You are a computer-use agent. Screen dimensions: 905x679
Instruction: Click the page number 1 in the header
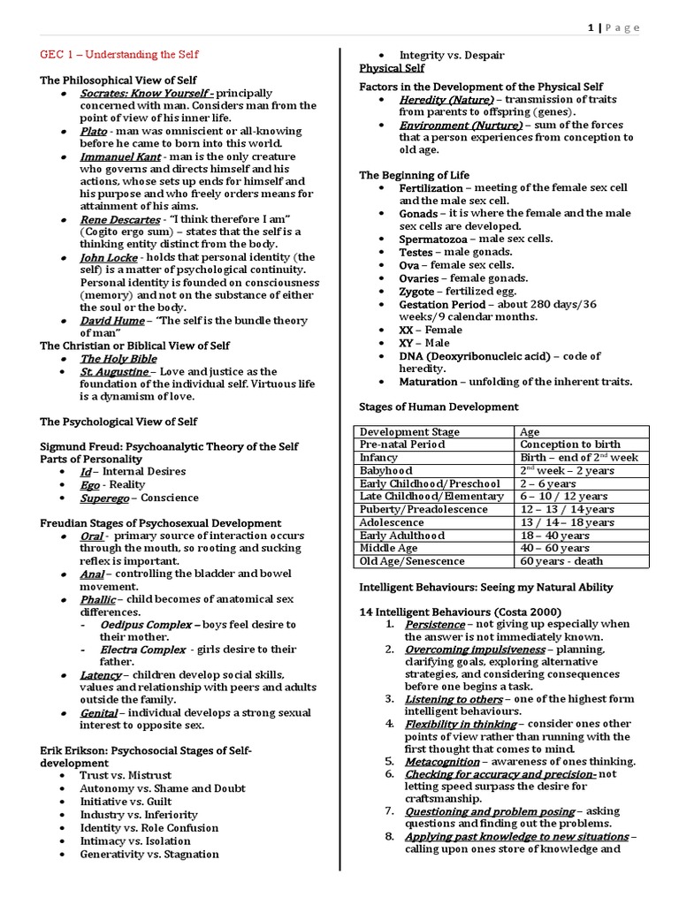coord(590,28)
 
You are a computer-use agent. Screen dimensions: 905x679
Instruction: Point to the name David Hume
coord(110,321)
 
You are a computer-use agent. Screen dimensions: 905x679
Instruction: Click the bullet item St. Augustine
coord(114,372)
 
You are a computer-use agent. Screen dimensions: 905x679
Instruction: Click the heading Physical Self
coord(391,68)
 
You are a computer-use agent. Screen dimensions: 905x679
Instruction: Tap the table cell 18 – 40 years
coord(554,535)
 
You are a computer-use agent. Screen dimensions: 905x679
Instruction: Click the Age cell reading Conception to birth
coord(570,445)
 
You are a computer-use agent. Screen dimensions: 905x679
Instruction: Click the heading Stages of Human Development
coord(439,407)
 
